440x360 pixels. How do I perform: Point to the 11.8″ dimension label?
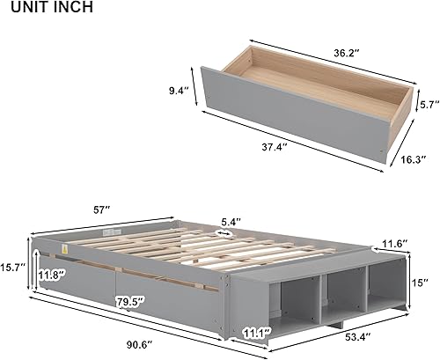51,275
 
